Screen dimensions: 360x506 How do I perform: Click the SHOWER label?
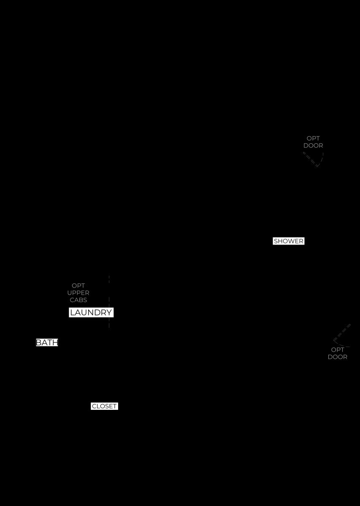pyautogui.click(x=289, y=241)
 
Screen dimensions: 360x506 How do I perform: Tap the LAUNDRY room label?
pyautogui.click(x=91, y=312)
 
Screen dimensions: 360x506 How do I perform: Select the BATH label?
pyautogui.click(x=47, y=342)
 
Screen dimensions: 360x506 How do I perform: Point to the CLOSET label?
pyautogui.click(x=104, y=406)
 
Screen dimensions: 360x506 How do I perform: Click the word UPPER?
pyautogui.click(x=78, y=293)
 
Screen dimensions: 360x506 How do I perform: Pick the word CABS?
pyautogui.click(x=78, y=300)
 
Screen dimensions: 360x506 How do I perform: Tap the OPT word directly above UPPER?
pyautogui.click(x=78, y=285)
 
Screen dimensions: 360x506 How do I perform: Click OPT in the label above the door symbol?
pyautogui.click(x=313, y=138)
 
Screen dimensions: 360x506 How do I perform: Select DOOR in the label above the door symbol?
pyautogui.click(x=313, y=145)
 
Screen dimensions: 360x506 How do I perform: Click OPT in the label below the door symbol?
pyautogui.click(x=338, y=350)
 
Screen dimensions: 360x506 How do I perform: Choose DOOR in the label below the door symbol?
pyautogui.click(x=338, y=357)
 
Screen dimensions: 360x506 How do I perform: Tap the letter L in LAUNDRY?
pyautogui.click(x=72, y=312)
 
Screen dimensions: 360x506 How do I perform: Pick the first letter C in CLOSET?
pyautogui.click(x=94, y=406)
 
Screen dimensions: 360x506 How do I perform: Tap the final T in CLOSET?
pyautogui.click(x=115, y=406)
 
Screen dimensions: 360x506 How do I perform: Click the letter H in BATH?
pyautogui.click(x=55, y=342)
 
